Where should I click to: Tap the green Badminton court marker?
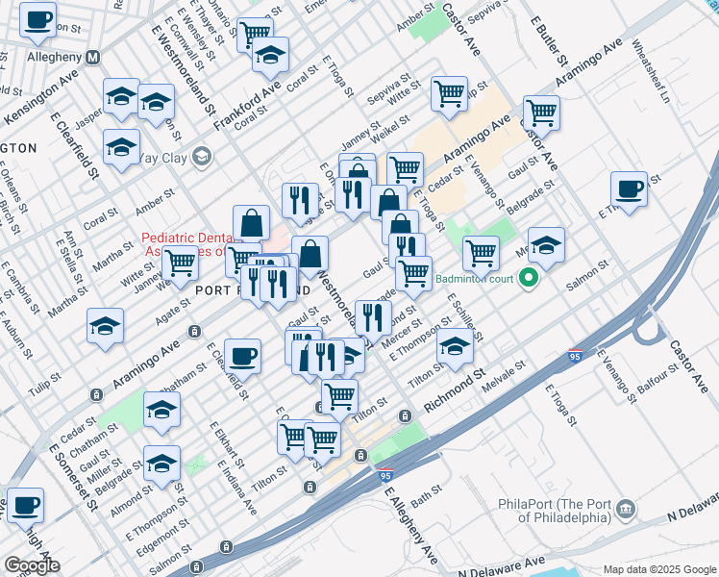[x=527, y=280]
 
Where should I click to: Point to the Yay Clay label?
[x=163, y=157]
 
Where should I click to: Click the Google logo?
[x=32, y=565]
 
